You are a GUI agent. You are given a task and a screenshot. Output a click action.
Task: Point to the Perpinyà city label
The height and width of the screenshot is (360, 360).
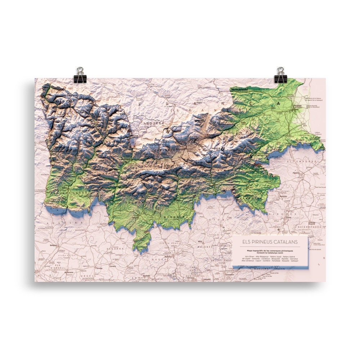(x=297, y=107)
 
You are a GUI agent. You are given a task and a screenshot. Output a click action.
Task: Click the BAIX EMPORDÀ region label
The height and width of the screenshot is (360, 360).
(x=307, y=228)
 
